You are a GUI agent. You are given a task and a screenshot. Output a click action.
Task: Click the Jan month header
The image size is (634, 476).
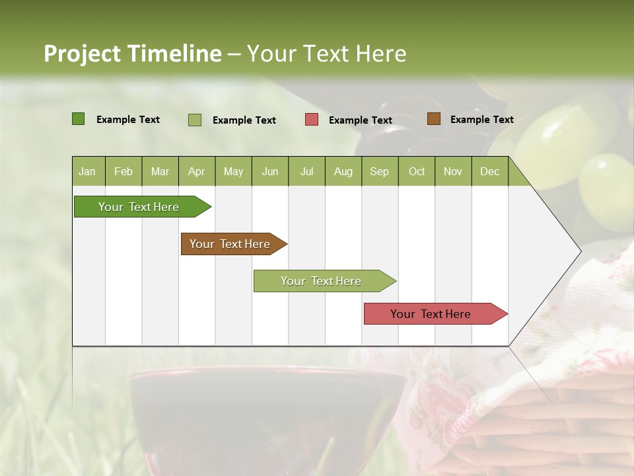(87, 171)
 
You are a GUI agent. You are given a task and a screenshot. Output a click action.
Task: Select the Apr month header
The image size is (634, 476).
(196, 171)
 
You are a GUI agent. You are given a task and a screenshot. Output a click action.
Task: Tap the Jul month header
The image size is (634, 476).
(306, 171)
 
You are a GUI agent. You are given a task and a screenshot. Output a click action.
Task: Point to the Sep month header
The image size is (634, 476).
(379, 171)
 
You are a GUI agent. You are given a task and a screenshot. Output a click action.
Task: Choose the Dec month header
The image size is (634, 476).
(489, 171)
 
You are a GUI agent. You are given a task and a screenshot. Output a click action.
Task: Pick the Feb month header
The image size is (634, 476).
(123, 171)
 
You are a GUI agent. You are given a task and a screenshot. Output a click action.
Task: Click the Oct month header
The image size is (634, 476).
(417, 171)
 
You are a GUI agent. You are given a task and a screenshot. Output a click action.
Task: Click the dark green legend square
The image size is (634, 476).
(78, 119)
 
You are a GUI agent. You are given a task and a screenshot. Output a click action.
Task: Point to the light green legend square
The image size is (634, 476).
(194, 120)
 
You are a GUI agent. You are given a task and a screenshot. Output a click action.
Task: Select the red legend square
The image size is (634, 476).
(312, 120)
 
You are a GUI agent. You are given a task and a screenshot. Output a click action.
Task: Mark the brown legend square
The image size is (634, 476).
(434, 119)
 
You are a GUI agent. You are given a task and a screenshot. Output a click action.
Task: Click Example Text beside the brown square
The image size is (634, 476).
(481, 119)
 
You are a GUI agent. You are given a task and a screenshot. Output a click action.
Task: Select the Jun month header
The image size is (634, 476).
(270, 171)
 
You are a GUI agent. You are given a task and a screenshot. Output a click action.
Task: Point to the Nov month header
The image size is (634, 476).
(452, 171)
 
